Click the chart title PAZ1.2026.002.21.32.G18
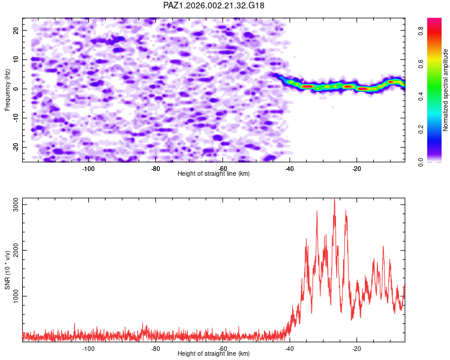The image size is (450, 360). coord(214,5)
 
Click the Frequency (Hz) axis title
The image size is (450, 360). coord(8,89)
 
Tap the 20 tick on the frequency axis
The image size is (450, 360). coord(17,30)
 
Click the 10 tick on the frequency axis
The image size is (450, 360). coord(17,59)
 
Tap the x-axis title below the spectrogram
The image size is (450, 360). coord(214,173)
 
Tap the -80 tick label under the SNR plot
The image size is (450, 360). coord(155,348)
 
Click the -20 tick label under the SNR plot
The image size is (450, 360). coord(356,348)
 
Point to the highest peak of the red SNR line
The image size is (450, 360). coord(335,200)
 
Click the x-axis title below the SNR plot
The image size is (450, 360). coord(214,354)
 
